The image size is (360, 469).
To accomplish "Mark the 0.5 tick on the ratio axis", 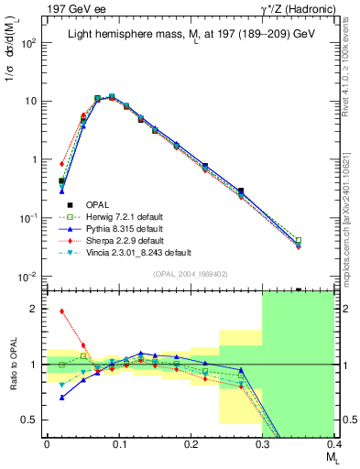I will tap(36, 420).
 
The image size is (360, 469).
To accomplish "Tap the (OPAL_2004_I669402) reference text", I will tap(191, 272).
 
